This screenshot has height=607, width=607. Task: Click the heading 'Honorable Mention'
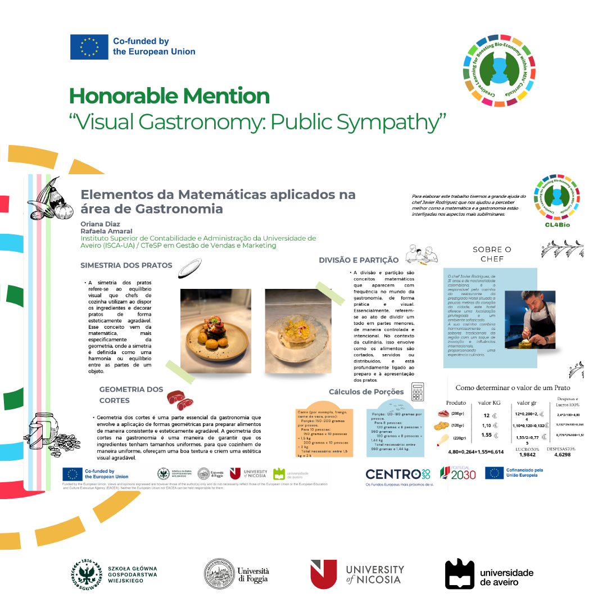[x=169, y=96]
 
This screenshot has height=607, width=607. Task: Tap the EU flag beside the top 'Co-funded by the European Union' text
[x=89, y=47]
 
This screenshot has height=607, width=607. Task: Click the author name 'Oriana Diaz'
[x=97, y=224]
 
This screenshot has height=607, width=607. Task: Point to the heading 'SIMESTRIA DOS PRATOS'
[x=126, y=265]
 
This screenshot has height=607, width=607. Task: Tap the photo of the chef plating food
[x=530, y=319]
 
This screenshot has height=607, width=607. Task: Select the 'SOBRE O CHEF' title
[x=492, y=254]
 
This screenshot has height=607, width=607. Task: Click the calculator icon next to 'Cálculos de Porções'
[x=417, y=392]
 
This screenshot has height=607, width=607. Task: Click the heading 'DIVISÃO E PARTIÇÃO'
[x=359, y=260]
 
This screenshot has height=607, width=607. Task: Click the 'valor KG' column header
[x=489, y=403]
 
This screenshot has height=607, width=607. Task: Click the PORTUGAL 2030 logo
[x=457, y=473]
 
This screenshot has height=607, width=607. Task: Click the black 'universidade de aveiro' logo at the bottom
[x=489, y=574]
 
